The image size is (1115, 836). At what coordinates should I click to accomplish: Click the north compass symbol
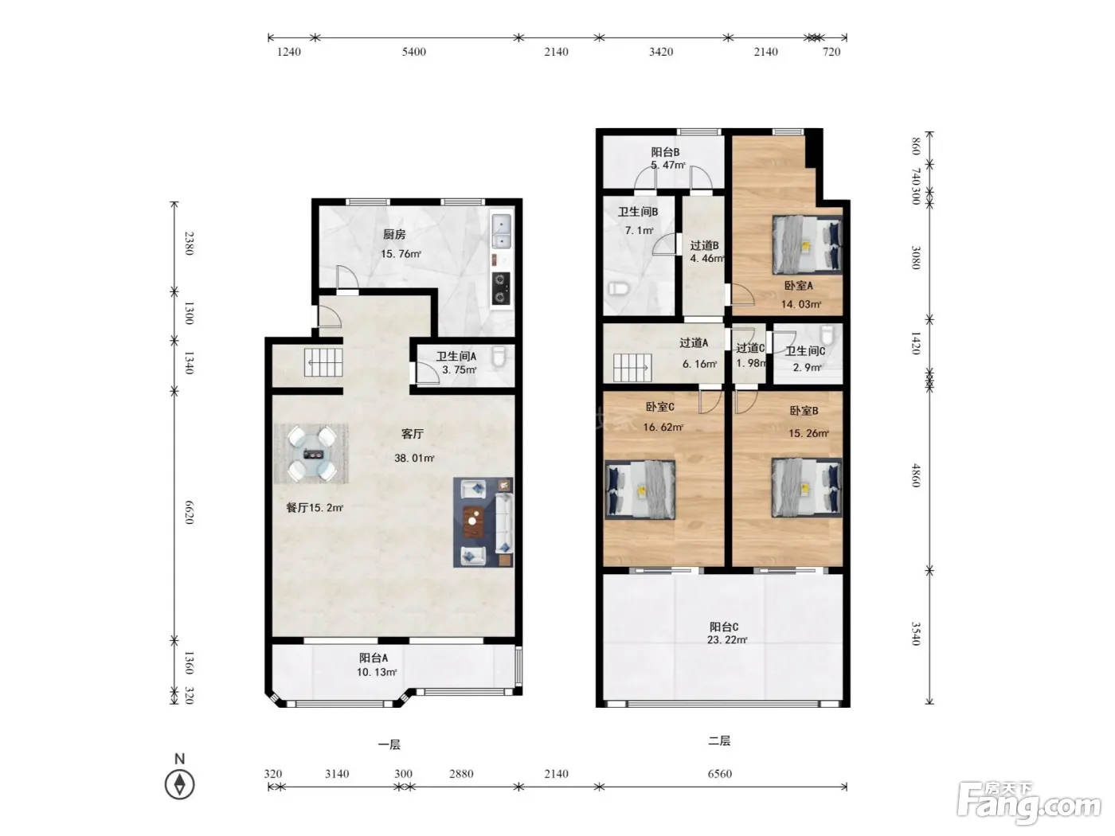pos(179,784)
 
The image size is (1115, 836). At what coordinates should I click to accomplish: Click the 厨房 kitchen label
pos(394,235)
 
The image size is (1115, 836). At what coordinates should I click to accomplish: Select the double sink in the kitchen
pos(502,232)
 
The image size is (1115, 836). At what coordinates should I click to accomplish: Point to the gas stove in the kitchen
pos(501,288)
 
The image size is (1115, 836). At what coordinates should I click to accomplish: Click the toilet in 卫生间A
pos(499,356)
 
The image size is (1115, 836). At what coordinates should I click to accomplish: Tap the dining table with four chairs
pos(311,454)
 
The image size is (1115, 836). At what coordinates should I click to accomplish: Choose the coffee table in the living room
pos(473,522)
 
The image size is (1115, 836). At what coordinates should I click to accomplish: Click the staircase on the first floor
pos(323,362)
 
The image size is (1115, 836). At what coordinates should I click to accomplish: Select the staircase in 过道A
pos(632,368)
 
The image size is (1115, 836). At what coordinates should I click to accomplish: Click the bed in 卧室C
pos(640,490)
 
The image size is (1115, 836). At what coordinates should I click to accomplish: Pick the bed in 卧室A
pos(807,245)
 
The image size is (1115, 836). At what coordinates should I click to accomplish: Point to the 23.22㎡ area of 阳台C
pos(727,640)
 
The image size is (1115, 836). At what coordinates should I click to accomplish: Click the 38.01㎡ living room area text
pos(414,458)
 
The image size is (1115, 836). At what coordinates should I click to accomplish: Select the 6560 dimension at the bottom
pos(720,774)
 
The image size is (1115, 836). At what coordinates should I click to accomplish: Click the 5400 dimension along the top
pos(414,52)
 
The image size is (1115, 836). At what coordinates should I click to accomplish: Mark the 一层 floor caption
pos(389,744)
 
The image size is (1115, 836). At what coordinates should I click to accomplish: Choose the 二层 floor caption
pos(719,740)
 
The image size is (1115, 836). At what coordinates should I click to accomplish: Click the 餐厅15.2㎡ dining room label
pos(315,508)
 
